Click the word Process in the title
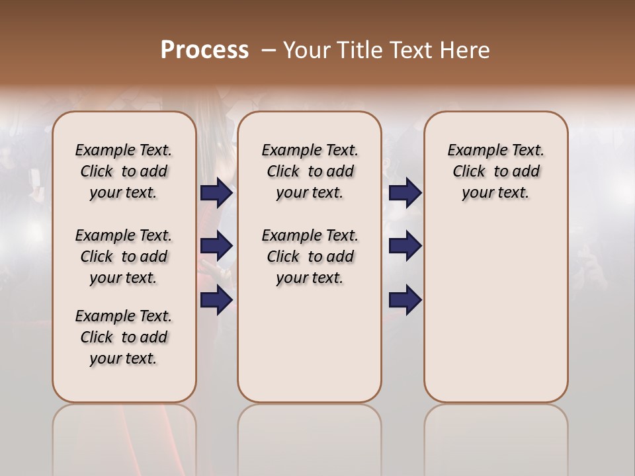204,50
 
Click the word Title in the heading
360,50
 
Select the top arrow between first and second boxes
216,192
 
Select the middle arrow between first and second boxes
216,247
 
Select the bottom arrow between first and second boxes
216,300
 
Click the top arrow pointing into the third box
405,192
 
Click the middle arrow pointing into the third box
405,247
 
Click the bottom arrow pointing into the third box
405,300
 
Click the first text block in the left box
124,171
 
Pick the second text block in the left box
124,257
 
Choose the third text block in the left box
124,337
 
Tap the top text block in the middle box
310,171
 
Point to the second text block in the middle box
310,257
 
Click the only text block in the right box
495,171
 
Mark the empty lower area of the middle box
310,344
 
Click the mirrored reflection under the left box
124,436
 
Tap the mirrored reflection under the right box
495,436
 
